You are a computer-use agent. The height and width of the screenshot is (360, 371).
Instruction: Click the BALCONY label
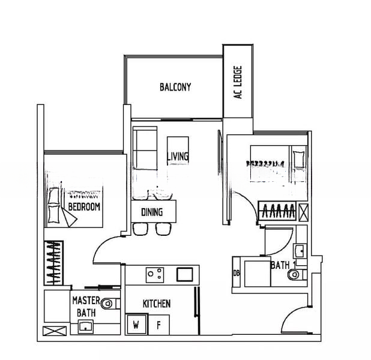175,87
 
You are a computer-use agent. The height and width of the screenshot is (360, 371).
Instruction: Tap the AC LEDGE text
238,82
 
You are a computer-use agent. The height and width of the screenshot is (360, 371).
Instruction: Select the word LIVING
178,157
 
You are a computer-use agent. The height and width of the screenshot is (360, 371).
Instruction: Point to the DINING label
151,212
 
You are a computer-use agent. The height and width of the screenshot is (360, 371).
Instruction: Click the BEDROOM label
84,207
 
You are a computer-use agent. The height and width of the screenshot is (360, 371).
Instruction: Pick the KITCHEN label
156,304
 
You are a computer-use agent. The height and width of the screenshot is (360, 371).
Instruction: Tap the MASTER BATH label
86,306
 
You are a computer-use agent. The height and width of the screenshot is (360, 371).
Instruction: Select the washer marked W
136,325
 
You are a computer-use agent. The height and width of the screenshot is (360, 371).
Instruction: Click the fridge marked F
159,325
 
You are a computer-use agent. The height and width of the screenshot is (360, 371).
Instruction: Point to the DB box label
237,274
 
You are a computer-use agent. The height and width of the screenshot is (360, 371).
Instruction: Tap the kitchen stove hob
155,274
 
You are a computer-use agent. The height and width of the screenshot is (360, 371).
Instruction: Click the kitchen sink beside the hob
184,274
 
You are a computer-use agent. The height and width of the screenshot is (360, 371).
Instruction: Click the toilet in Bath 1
295,275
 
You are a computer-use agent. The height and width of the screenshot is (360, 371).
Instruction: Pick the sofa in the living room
144,148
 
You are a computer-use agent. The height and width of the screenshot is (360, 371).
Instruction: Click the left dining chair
140,228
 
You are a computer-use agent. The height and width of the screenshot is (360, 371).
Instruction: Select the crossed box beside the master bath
55,331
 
